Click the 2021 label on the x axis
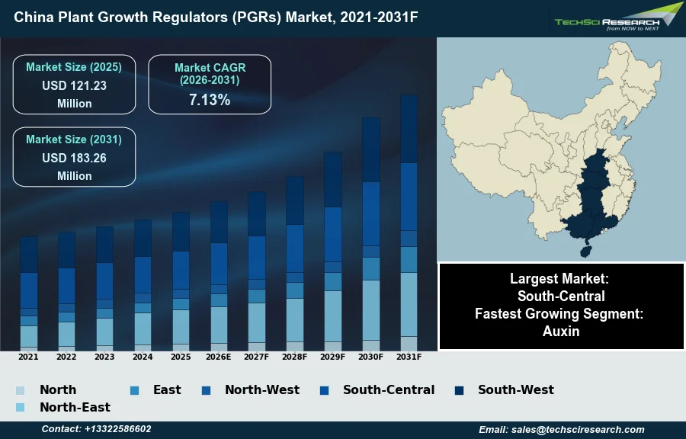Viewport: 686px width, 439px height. point(28,356)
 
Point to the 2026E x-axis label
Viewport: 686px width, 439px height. point(219,356)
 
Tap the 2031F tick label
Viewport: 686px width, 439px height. point(409,356)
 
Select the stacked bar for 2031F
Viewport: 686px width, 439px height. point(409,222)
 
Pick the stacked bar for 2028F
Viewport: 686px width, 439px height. point(295,263)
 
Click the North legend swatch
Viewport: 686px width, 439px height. point(20,390)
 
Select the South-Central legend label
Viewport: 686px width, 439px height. point(388,389)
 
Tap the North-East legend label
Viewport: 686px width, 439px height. point(75,407)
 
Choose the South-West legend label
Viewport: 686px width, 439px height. point(515,389)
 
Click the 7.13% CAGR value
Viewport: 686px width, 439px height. point(209,99)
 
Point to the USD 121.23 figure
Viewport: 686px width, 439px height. point(74,85)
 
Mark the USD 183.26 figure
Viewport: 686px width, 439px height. point(74,158)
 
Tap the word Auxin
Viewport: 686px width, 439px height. point(561,331)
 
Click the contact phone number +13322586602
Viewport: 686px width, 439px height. point(117,429)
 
